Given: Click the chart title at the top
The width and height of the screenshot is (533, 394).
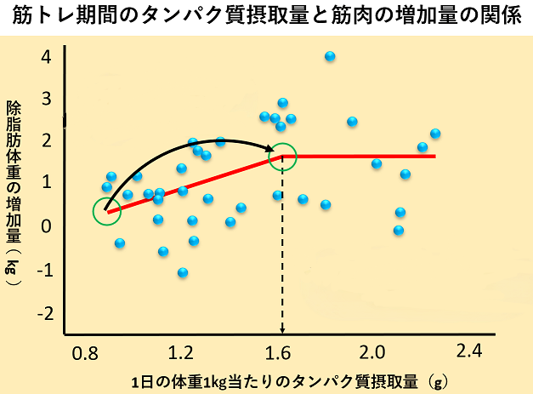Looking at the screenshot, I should pos(266,17).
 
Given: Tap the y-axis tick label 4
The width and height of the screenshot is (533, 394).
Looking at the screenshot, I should pos(46,58).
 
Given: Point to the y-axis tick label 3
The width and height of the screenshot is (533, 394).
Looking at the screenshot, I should pos(46,100).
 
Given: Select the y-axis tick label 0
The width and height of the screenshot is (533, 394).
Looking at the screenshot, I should pos(46,226).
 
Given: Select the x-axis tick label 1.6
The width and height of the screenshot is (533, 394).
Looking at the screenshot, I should pos(276,351).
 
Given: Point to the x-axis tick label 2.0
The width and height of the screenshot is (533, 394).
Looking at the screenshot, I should pos(372,351).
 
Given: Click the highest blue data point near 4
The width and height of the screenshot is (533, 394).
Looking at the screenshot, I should pos(330,56).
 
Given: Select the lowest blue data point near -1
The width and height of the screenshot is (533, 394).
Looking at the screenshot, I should pos(182,272).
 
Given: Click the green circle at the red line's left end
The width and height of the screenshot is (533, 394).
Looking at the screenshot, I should pos(106,212).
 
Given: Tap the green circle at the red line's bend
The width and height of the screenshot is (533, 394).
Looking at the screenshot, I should pos(282,157).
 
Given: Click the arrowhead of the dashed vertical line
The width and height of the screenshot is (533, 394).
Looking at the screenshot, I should pos(282,330).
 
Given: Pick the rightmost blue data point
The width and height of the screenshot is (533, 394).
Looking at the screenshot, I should pos(435,134).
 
